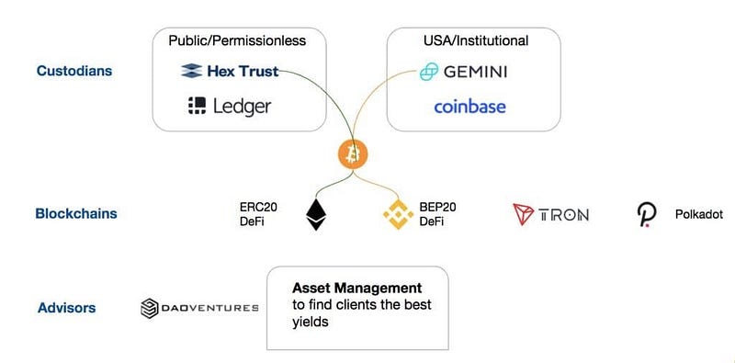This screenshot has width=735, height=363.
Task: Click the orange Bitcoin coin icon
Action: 353,154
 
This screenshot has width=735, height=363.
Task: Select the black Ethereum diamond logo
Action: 316,215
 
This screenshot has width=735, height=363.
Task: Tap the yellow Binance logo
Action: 399,214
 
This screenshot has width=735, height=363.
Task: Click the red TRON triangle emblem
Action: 524,214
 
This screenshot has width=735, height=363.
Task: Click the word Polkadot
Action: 699,215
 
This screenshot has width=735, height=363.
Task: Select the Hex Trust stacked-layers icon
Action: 192,71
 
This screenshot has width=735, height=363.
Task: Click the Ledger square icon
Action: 197,106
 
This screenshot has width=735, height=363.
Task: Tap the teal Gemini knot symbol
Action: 429,73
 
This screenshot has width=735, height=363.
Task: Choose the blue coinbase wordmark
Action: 469,107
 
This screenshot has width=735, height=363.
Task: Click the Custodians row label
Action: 74,71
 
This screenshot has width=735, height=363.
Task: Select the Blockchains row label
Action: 76,214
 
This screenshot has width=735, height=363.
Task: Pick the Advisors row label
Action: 66,308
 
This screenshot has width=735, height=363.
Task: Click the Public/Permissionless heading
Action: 237,40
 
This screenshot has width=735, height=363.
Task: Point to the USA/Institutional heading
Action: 476,40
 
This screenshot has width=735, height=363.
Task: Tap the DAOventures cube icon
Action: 150,308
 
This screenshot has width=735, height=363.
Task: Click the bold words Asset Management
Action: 357,288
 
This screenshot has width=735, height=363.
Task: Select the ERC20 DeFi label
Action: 258,214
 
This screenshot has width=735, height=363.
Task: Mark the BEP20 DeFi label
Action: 438,214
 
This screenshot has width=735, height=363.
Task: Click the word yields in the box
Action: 310,323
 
